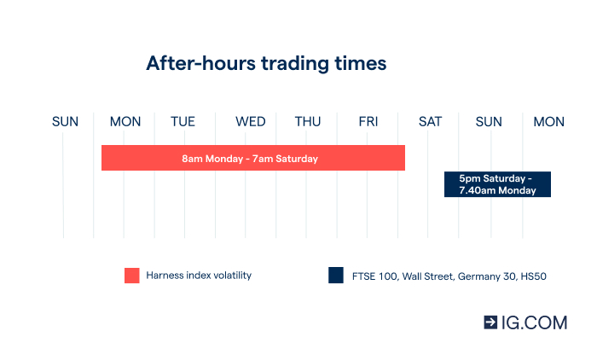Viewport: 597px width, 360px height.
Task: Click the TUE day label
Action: (x=183, y=122)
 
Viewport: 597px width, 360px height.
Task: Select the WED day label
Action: (x=251, y=122)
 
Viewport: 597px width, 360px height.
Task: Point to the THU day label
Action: (x=308, y=122)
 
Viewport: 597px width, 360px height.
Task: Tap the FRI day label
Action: (x=368, y=122)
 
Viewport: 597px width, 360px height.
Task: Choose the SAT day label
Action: (x=430, y=122)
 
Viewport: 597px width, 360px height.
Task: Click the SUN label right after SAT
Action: (x=489, y=122)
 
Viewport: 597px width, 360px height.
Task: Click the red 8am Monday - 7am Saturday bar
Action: (x=252, y=158)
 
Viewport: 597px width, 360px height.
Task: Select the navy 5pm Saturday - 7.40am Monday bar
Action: (x=497, y=184)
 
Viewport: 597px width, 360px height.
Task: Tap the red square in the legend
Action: (x=131, y=276)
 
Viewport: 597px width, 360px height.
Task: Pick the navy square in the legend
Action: (x=335, y=276)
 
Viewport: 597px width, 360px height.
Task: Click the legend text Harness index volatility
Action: (x=199, y=276)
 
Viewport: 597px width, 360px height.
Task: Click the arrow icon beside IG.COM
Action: (x=490, y=322)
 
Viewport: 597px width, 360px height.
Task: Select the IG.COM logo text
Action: (x=534, y=322)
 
